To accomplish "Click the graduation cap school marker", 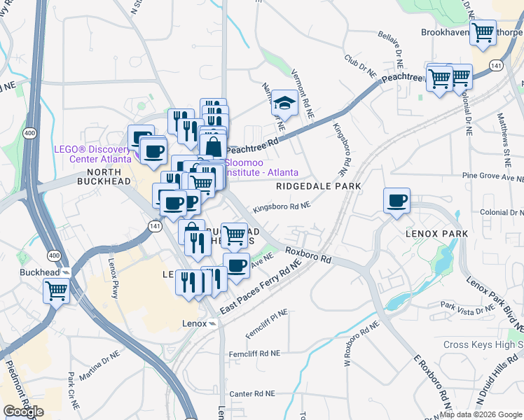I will point(284,102).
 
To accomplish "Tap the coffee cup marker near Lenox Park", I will point(397,200).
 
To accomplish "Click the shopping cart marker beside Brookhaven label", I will point(483,31).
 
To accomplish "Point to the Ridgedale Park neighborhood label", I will point(319,186).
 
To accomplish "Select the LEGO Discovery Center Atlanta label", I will point(92,154).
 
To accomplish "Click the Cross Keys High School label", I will point(483,344).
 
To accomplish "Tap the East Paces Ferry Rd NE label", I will point(260,288).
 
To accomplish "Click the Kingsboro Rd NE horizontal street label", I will point(282,206).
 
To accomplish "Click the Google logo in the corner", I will point(23,411).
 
